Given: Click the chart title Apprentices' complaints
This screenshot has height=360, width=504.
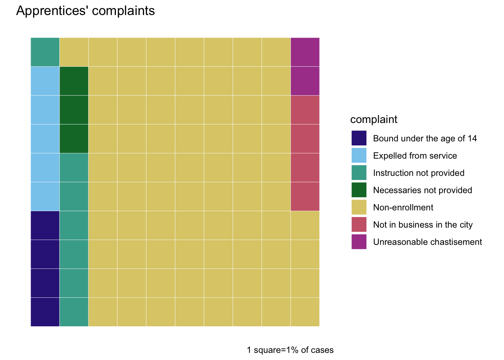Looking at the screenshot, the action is click(x=85, y=11).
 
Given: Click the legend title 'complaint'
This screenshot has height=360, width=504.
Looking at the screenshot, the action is click(x=374, y=120).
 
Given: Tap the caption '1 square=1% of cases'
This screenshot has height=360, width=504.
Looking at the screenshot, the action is click(x=290, y=350).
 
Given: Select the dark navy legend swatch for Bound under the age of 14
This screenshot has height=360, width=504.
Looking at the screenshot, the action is click(x=359, y=138).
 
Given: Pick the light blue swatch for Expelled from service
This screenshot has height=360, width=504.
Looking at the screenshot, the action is click(x=359, y=155).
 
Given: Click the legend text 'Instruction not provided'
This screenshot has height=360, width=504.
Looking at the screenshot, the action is click(x=419, y=173).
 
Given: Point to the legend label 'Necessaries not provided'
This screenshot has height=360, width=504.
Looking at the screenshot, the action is click(x=423, y=190).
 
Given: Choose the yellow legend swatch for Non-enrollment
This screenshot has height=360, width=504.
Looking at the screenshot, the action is click(x=359, y=207).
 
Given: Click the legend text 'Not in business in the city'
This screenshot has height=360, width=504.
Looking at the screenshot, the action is click(x=423, y=225).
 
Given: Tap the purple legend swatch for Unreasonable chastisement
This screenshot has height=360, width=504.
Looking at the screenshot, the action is click(x=359, y=241).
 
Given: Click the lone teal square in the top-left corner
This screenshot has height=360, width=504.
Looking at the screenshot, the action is click(x=45, y=52).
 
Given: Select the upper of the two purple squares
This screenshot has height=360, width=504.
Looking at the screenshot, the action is click(x=305, y=52).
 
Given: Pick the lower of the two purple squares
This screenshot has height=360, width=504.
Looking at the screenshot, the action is click(x=305, y=81).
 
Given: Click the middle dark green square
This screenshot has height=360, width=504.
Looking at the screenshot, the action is click(x=74, y=110).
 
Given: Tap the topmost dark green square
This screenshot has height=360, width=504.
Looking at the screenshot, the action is click(x=74, y=81).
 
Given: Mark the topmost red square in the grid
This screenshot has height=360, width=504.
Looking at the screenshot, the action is click(x=305, y=110).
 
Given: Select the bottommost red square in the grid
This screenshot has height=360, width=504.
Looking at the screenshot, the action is click(x=305, y=196).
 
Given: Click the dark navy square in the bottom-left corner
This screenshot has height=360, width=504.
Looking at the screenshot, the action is click(x=45, y=312).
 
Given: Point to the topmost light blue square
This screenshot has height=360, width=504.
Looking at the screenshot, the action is click(x=45, y=81).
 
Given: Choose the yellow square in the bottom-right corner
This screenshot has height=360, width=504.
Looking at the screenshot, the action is click(x=305, y=312).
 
